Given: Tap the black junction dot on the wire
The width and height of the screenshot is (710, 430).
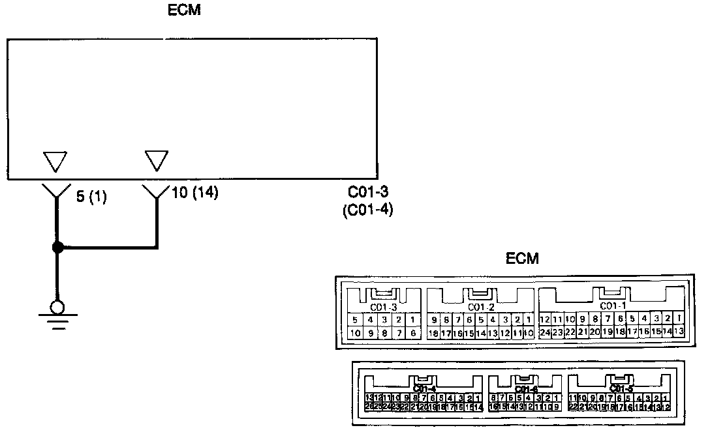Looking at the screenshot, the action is coord(57,248).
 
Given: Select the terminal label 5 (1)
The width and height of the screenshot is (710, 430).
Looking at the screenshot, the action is coord(91,196).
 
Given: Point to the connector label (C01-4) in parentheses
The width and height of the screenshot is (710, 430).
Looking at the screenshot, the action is coord(367,210).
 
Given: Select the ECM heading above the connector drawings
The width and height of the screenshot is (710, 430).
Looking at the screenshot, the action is coord(523,259).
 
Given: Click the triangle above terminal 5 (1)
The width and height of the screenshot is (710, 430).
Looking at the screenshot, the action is coord(55,160).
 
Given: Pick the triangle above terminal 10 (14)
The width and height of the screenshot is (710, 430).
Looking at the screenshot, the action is coord(157,160).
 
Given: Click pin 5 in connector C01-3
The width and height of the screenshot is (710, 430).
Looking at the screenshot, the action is coord(354,320).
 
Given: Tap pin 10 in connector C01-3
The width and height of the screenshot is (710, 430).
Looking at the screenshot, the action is coord(354,333).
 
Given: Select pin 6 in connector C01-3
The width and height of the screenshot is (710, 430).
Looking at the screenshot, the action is coord(412,333).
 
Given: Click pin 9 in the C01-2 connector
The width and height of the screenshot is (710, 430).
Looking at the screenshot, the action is coord(434,320).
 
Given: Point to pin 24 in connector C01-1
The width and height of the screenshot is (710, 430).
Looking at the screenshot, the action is coord(545,332).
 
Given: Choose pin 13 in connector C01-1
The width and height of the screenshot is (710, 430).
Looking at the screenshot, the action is coord(679,332).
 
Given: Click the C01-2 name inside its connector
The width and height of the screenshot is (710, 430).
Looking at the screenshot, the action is coord(480,307).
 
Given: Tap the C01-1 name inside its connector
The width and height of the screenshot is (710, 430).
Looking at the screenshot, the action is coord(611,306).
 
